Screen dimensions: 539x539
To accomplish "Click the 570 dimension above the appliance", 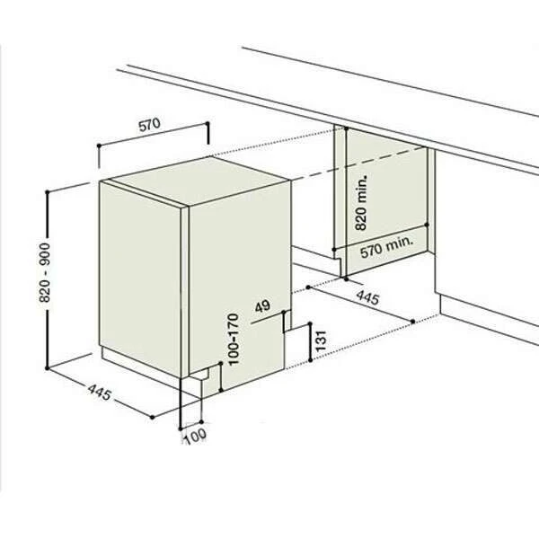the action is [149, 125].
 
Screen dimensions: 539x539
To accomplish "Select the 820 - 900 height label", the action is [44, 272].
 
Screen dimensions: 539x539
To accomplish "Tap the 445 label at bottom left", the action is [100, 393].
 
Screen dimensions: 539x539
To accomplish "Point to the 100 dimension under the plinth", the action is [196, 437].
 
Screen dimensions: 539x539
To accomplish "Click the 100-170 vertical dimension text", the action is [233, 339].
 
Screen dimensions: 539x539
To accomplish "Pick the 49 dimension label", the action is [263, 306].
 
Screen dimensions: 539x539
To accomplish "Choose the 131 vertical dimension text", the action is [321, 340].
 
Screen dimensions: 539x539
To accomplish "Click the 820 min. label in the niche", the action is [361, 203].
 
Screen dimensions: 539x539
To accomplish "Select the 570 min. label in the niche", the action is [386, 246].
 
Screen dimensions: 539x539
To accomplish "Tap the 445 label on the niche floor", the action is [367, 297].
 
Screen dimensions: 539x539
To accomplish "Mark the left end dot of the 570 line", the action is [99, 146].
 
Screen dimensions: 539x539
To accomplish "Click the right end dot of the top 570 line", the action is [208, 123].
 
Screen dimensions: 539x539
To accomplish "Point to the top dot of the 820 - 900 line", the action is [48, 192].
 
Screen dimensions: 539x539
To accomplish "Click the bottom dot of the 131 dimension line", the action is [311, 360].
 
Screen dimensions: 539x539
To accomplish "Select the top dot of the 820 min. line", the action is [346, 128].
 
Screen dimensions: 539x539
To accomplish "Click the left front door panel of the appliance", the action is [140, 279].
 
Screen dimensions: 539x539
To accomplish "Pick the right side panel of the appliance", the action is [239, 275].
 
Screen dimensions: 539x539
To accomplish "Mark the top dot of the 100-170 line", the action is [221, 363].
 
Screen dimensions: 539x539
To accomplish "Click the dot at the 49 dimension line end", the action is [284, 312].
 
